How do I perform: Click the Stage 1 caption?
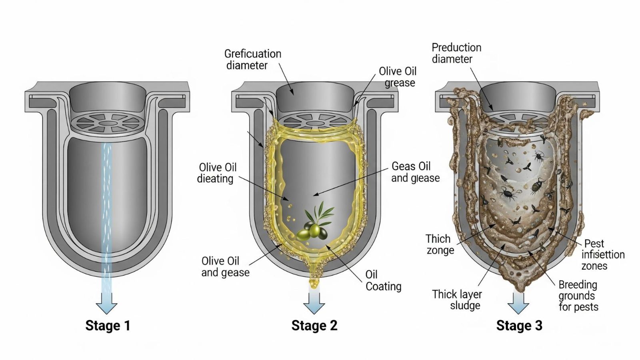pyautogui.click(x=108, y=326)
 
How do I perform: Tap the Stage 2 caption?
pyautogui.click(x=314, y=326)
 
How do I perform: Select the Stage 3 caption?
pyautogui.click(x=519, y=326)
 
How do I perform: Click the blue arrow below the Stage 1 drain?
pyautogui.click(x=107, y=303)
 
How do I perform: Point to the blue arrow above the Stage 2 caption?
pyautogui.click(x=314, y=303)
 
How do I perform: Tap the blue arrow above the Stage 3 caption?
pyautogui.click(x=518, y=303)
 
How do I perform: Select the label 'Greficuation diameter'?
pyautogui.click(x=252, y=59)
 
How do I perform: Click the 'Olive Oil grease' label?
pyautogui.click(x=398, y=77)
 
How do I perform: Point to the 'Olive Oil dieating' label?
pyautogui.click(x=217, y=173)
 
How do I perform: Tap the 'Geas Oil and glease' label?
pyautogui.click(x=415, y=172)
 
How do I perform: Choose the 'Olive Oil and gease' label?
pyautogui.click(x=225, y=267)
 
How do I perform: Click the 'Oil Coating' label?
pyautogui.click(x=383, y=280)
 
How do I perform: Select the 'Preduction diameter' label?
pyautogui.click(x=456, y=53)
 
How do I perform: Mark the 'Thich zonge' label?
pyautogui.click(x=439, y=244)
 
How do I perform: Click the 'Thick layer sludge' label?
pyautogui.click(x=457, y=300)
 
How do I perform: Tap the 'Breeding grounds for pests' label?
pyautogui.click(x=578, y=296)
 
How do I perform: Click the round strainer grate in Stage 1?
pyautogui.click(x=107, y=122)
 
